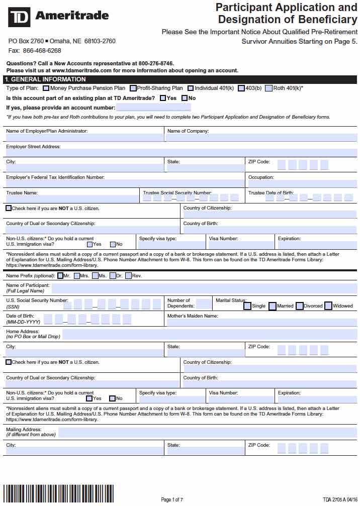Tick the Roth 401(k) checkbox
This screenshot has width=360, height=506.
click(x=268, y=88)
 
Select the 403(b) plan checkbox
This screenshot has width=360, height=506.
click(x=241, y=88)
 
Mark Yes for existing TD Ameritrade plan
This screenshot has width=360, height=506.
click(x=163, y=98)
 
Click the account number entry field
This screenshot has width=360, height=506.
click(x=153, y=108)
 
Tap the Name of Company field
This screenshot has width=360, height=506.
click(x=261, y=138)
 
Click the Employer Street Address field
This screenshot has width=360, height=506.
click(x=181, y=153)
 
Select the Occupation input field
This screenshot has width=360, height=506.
click(x=302, y=184)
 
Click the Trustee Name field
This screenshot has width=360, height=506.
click(x=72, y=199)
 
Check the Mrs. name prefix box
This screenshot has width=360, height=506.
click(x=76, y=276)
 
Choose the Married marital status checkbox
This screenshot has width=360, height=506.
click(x=273, y=306)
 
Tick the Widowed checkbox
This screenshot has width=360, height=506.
click(x=328, y=306)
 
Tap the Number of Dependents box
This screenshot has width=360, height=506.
click(x=204, y=303)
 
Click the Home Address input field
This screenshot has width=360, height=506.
click(x=209, y=334)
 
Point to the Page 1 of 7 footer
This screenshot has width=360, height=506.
click(x=172, y=499)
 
